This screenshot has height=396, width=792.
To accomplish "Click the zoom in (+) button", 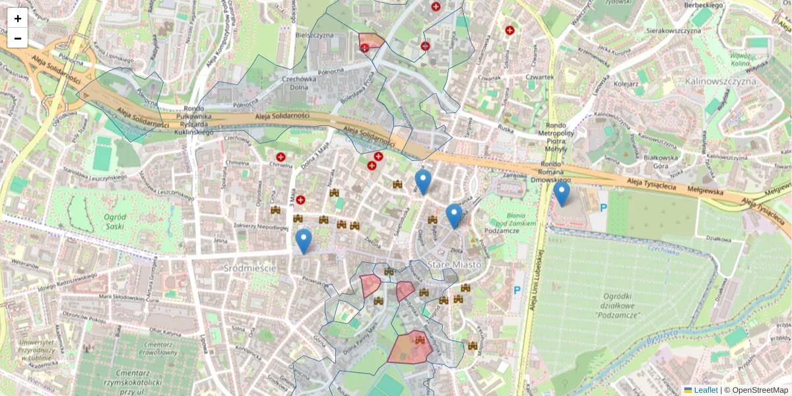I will coord(18,18).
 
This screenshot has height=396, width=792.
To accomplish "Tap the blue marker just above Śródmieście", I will coord(304,241).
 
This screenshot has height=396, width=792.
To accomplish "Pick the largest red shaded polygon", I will coord(410,347).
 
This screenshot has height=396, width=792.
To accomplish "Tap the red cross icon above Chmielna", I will coord(280,157).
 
